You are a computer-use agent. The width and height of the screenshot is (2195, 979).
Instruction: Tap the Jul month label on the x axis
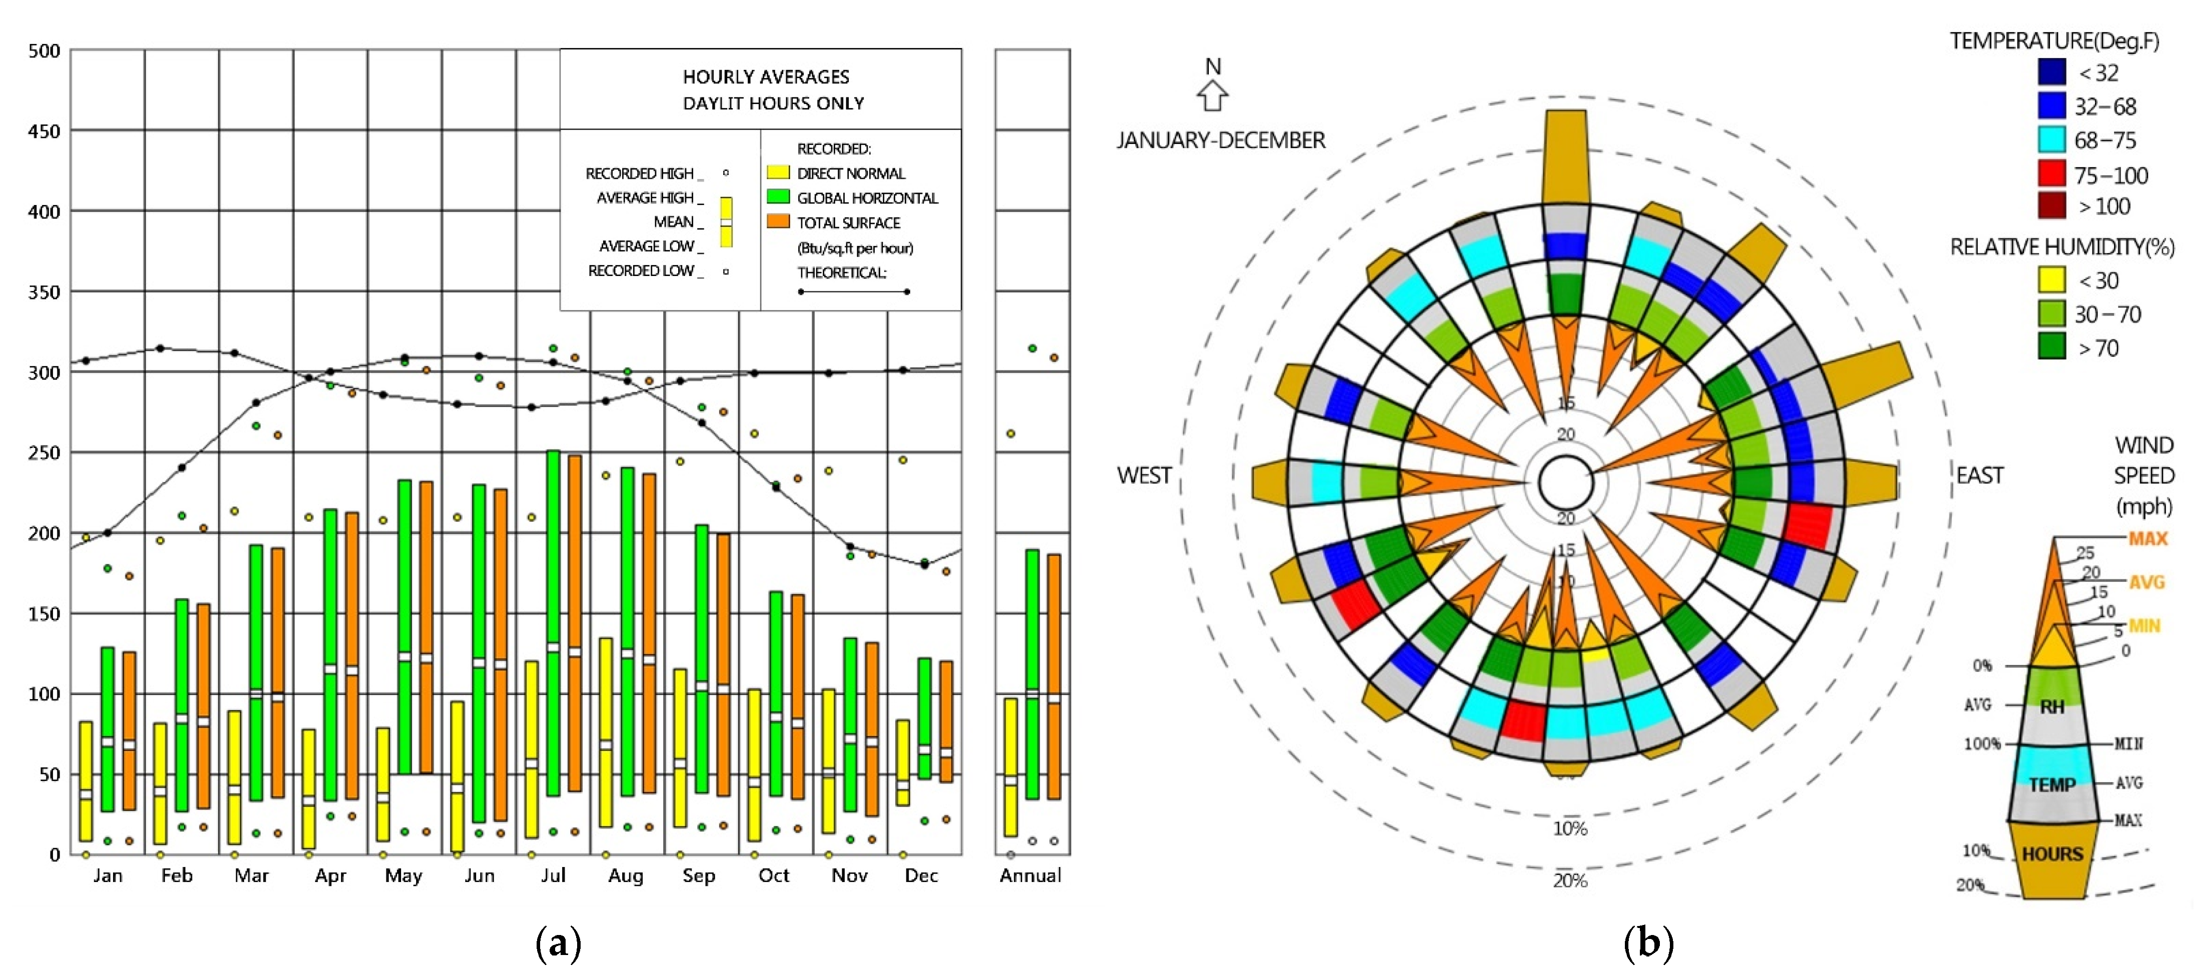pos(553,875)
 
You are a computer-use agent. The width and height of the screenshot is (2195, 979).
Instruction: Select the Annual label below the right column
pos(1030,875)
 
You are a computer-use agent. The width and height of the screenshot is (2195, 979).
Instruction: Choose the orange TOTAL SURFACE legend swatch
pos(778,221)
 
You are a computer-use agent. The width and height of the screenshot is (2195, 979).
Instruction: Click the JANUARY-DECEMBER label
pos(1221,139)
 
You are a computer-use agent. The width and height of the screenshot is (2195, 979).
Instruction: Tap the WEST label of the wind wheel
pos(1144,475)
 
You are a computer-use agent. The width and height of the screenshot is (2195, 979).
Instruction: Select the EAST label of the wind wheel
pos(1979,475)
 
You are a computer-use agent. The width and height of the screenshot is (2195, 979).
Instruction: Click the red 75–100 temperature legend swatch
pos(2052,174)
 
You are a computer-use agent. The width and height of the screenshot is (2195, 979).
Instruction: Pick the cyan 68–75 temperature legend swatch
pos(2052,139)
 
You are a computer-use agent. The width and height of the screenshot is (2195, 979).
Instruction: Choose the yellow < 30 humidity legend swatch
pos(2052,279)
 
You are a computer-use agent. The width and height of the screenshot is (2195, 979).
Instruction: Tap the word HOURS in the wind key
pos(2052,853)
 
